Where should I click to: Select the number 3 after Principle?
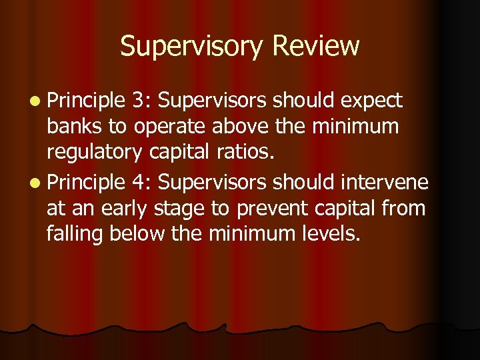tap(139, 101)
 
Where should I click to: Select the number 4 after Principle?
tap(139, 183)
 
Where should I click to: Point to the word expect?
tap(371, 102)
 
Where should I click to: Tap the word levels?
tap(331, 234)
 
